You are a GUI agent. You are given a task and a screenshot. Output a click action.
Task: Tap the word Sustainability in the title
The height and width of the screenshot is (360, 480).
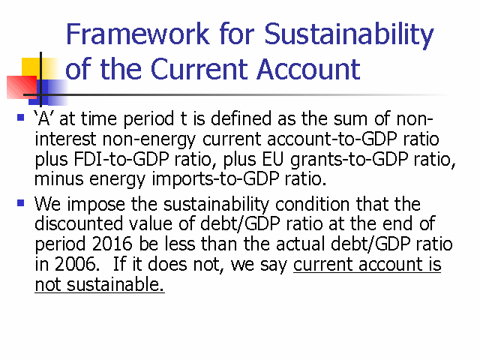(x=349, y=35)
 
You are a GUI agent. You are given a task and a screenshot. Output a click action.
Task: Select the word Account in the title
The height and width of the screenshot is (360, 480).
(x=308, y=69)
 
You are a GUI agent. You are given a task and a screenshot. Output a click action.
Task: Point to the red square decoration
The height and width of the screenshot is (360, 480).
(x=22, y=87)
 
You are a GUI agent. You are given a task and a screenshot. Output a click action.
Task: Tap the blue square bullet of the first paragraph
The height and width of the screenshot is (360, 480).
(x=20, y=118)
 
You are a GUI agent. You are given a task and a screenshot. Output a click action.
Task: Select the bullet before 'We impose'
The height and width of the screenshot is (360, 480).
(x=20, y=202)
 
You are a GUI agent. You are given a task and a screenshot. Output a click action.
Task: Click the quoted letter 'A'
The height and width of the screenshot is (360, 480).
(x=44, y=118)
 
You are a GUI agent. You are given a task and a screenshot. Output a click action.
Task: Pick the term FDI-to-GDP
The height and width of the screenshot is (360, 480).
(x=121, y=160)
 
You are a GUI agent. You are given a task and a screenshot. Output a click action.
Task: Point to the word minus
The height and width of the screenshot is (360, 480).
(x=58, y=179)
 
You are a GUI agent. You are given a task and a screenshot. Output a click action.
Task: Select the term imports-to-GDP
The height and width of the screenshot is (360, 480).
(x=215, y=180)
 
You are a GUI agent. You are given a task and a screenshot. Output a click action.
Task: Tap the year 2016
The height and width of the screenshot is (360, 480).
(x=112, y=244)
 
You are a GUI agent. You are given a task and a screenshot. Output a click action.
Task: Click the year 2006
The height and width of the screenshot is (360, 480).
(x=75, y=264)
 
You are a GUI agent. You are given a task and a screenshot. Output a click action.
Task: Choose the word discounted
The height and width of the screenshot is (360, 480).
(x=79, y=223)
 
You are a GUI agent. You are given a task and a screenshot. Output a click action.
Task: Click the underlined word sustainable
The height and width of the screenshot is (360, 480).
(x=115, y=285)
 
